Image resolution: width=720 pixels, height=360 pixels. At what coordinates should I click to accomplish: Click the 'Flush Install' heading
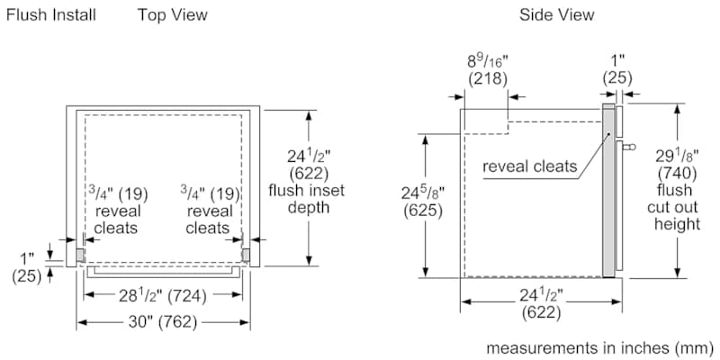pyautogui.click(x=50, y=14)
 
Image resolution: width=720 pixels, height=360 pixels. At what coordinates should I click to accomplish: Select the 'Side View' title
pyautogui.click(x=557, y=14)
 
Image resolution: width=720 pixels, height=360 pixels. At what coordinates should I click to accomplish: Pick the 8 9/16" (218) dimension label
pyautogui.click(x=487, y=70)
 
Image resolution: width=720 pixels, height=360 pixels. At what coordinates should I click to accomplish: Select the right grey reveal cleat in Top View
pyautogui.click(x=245, y=255)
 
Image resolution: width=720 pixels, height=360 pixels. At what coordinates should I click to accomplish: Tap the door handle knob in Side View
pyautogui.click(x=628, y=142)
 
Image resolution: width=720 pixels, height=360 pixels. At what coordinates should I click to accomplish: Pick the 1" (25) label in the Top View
pyautogui.click(x=27, y=267)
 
